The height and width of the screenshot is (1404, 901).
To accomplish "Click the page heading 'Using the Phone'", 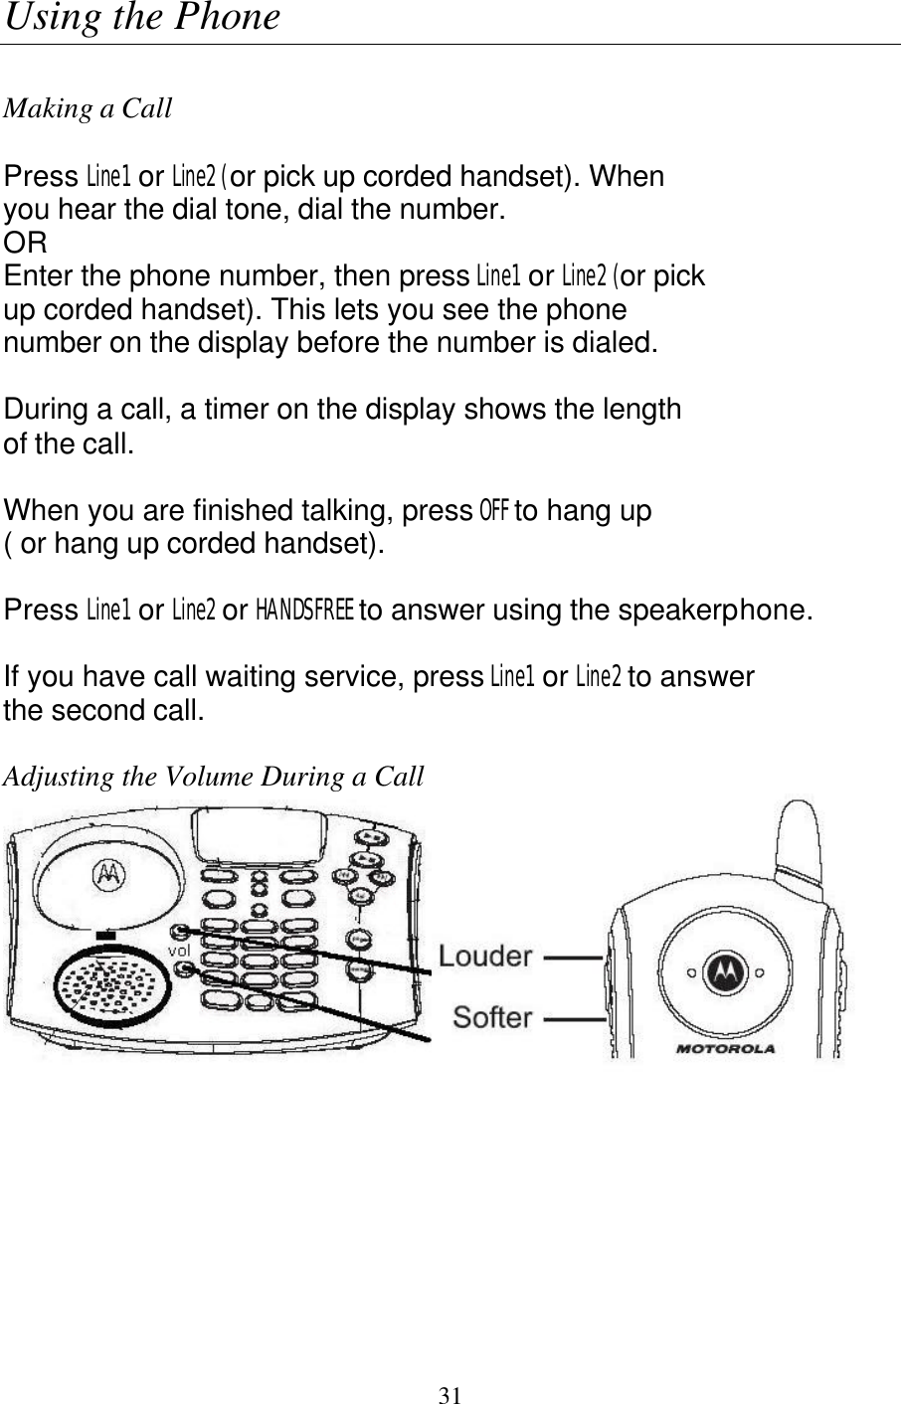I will tap(141, 18).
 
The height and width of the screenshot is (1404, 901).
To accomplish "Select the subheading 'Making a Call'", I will tap(89, 108).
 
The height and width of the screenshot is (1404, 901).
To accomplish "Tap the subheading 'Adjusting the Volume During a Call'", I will tap(215, 777).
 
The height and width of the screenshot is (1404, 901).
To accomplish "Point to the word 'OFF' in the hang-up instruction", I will tap(495, 512).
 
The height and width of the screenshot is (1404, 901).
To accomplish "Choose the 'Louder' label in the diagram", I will tap(485, 957).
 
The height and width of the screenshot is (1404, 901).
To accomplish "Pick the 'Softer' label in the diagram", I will tap(492, 1017).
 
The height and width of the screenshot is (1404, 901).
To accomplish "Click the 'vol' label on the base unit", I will tap(179, 952).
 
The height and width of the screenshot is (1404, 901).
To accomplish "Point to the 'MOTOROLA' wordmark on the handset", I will tap(726, 1048).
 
